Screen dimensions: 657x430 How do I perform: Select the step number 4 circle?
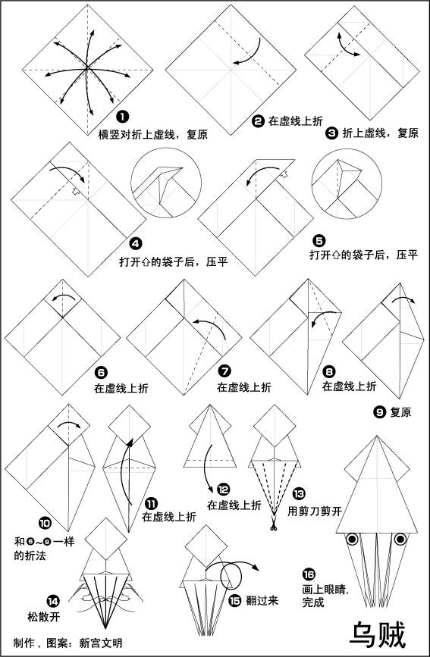(136, 244)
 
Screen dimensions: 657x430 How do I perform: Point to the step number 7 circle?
(224, 371)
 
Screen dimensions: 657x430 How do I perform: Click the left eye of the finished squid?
(353, 541)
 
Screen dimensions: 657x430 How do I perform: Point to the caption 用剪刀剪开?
(315, 512)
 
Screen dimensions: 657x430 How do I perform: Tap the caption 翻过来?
(263, 600)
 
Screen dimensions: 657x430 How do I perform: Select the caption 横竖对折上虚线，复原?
(152, 134)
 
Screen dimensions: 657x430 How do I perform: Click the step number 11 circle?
(150, 502)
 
